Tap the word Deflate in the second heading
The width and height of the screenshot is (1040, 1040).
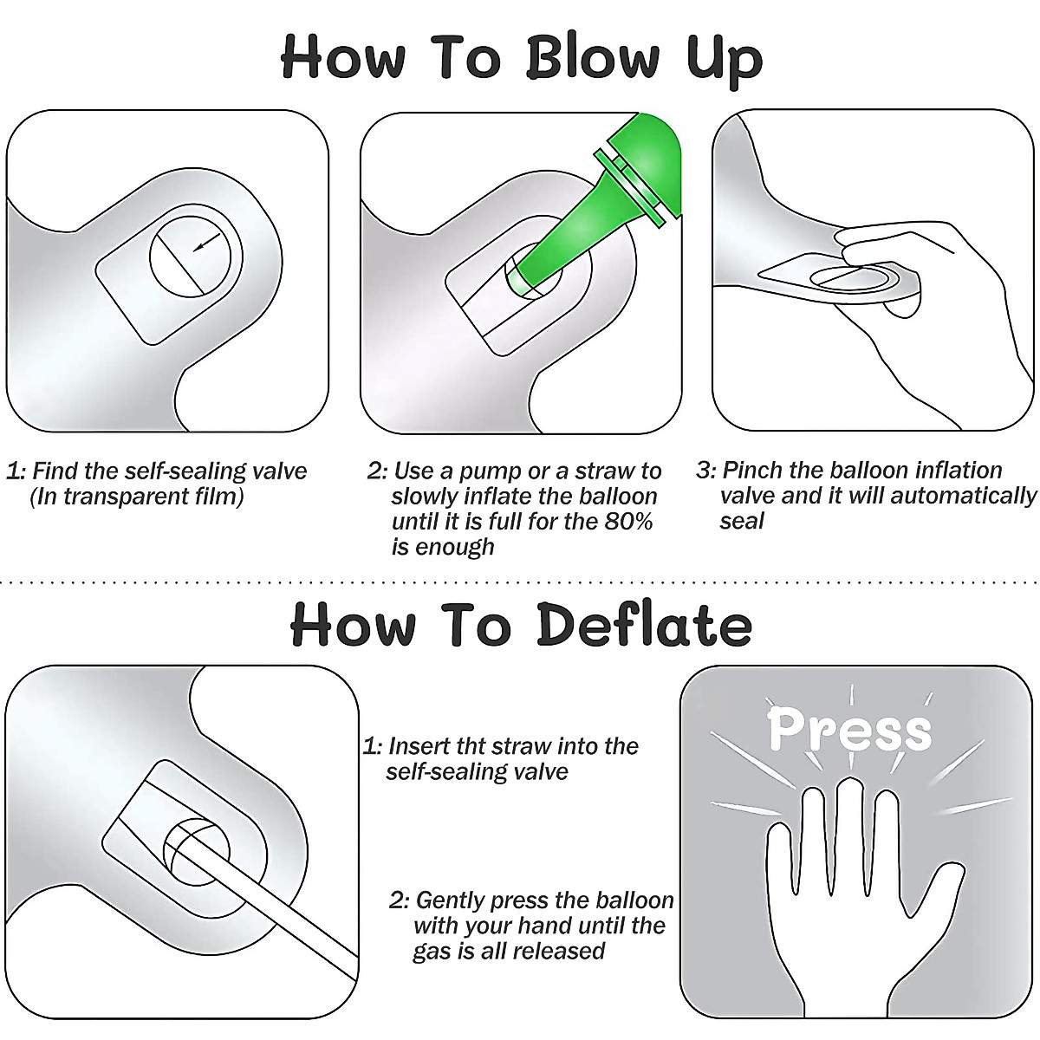click(645, 624)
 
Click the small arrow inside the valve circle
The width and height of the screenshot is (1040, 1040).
click(207, 241)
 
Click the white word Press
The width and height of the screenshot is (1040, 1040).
click(849, 730)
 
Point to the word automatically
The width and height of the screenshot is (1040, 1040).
click(964, 496)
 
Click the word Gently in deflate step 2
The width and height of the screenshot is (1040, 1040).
click(450, 900)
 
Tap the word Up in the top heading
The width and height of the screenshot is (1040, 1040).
click(725, 61)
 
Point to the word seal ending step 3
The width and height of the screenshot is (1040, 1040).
click(742, 521)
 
